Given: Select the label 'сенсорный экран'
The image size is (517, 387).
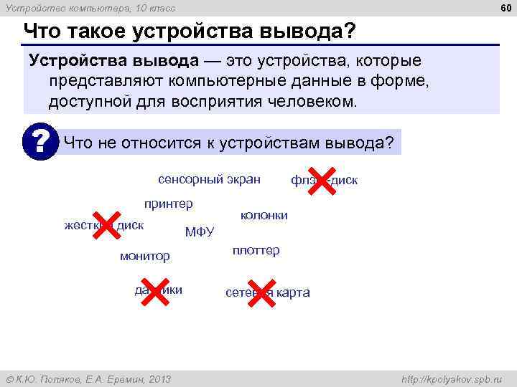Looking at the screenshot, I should coord(209,178).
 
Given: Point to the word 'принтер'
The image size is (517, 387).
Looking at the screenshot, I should coord(169,204).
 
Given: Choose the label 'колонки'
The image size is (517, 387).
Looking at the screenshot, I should coord(264,216).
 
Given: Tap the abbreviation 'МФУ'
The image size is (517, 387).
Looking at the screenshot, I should coord(200,231).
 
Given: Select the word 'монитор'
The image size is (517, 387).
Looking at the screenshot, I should coord(144,256).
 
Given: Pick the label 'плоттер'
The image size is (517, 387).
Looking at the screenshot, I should coord(256,251).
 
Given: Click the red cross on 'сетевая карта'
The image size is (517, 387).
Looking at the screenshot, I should coord(261,292).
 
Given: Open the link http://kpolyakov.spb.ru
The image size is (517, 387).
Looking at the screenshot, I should coord(452,378).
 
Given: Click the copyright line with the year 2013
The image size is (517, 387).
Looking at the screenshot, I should coord(88,378).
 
